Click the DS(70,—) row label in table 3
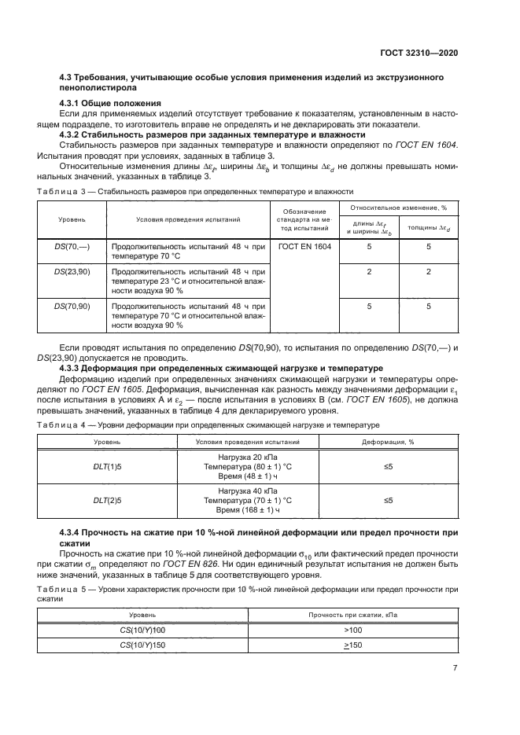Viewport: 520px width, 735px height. point(72,247)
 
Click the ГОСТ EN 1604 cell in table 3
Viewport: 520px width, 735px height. point(304,247)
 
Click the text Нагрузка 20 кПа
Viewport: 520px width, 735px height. point(248,456)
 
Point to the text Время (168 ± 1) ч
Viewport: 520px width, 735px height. point(248,509)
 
